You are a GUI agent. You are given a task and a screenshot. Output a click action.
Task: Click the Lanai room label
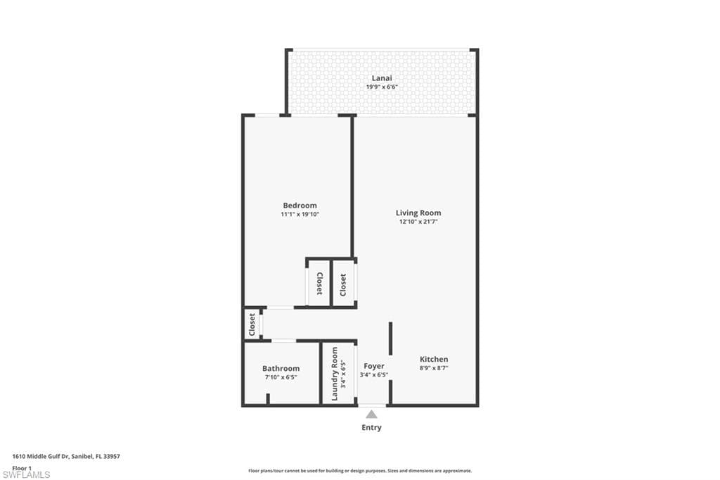coord(382,78)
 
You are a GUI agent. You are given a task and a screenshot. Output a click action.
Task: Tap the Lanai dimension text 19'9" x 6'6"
coord(382,87)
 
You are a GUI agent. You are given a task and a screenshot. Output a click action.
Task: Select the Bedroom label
coord(300,206)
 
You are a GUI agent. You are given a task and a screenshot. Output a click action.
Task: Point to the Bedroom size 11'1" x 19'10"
coord(300,215)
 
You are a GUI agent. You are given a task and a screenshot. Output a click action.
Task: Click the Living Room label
coord(418,213)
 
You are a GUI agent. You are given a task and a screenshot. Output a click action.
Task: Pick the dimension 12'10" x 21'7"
coord(418,222)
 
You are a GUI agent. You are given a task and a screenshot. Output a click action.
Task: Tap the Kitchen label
coord(434,359)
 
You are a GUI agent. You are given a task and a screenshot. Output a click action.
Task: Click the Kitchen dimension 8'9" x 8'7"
coord(434,368)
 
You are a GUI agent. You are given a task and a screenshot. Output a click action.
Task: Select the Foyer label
coord(373,366)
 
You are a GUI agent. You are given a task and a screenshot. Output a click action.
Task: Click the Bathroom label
coord(281,368)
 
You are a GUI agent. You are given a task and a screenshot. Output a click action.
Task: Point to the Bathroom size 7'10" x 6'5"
coord(281,377)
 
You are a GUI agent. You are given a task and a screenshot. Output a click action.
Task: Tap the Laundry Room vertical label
coord(335,374)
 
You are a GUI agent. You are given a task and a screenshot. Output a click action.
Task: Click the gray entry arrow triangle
coord(371,415)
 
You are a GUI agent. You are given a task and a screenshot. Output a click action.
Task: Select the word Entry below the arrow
coord(371,427)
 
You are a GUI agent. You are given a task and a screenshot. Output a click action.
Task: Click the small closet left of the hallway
coord(252,324)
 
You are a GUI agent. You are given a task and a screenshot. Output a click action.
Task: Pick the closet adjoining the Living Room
coord(343,284)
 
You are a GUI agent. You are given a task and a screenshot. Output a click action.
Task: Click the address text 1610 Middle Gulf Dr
coord(66,456)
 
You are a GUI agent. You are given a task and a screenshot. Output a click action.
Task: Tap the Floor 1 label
coord(22,467)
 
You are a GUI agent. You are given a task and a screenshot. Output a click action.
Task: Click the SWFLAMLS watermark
coord(26,474)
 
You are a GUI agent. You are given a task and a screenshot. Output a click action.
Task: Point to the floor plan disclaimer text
coord(359,471)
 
